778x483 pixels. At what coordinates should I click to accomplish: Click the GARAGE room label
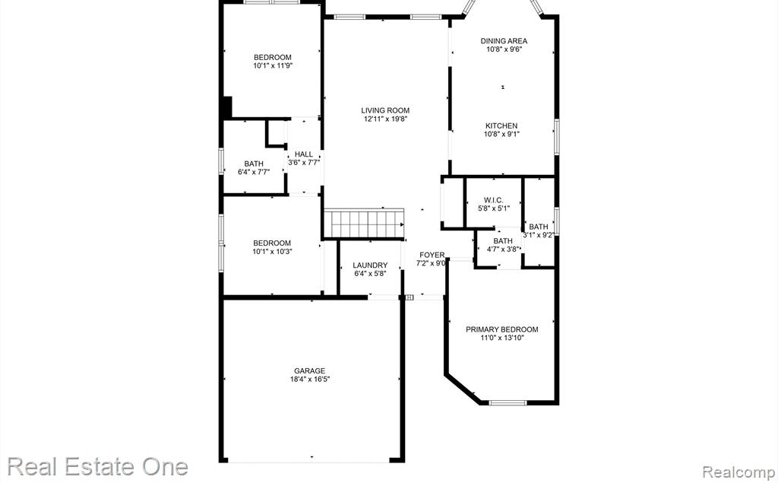310,370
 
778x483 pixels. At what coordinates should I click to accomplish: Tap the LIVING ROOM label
385,110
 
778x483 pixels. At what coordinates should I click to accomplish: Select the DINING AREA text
504,41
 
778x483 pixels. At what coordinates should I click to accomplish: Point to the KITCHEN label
501,126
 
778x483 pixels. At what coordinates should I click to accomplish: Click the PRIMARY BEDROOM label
501,329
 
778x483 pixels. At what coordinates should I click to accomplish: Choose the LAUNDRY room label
370,265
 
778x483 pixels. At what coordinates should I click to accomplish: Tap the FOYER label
432,255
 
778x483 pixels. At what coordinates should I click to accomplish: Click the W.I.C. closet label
494,200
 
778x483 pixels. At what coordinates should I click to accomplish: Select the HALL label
304,154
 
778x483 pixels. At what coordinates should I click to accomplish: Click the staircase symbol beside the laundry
364,224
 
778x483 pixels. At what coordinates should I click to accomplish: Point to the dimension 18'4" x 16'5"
310,379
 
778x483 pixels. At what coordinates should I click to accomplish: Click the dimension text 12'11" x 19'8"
385,119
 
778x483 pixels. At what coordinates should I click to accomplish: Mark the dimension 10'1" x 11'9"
273,65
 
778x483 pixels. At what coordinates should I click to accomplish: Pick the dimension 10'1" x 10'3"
272,252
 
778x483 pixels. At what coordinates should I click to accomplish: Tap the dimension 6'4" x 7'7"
254,172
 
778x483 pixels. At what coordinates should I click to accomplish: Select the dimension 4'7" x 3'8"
503,249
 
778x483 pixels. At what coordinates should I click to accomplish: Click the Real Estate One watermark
97,467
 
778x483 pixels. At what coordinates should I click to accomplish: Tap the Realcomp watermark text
738,472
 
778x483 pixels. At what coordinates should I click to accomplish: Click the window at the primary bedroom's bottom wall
508,402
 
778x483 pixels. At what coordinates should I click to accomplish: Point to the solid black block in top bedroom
226,106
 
